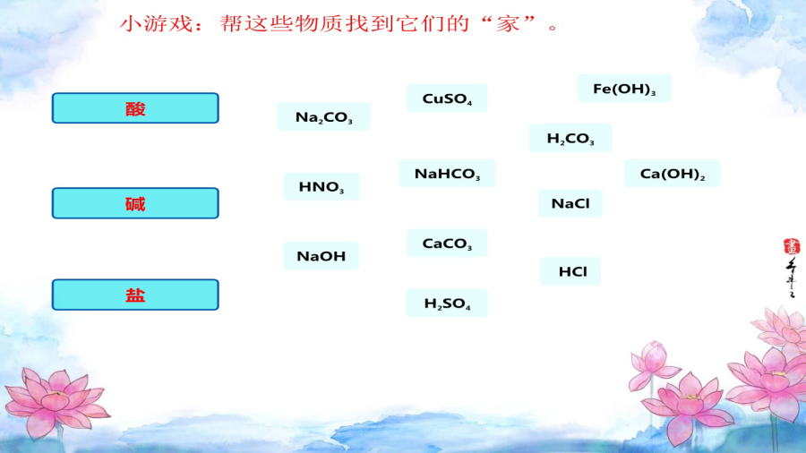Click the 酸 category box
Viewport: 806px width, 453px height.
[x=135, y=107]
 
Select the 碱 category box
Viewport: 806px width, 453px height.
[x=135, y=203]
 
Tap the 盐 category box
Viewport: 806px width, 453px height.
[x=135, y=295]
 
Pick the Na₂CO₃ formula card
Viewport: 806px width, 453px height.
[x=323, y=116]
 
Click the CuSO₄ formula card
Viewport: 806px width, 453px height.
[x=447, y=98]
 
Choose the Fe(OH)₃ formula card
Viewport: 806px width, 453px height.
[x=624, y=89]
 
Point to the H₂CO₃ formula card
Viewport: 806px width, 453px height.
[x=570, y=138]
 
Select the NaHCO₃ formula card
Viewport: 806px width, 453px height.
[x=447, y=173]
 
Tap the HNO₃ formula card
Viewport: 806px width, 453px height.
[x=321, y=186]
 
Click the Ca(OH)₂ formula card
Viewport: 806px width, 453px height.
[x=673, y=173]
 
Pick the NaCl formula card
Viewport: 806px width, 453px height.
[x=570, y=203]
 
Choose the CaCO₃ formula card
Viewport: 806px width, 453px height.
[x=447, y=243]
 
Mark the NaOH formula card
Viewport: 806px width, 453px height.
[x=321, y=256]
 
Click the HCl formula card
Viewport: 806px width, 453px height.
[x=570, y=271]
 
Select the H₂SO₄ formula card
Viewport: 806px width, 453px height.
[x=447, y=303]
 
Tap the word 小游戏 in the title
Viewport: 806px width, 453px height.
[x=156, y=23]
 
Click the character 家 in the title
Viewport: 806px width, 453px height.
[x=508, y=23]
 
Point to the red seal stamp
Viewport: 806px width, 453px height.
[x=792, y=246]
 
